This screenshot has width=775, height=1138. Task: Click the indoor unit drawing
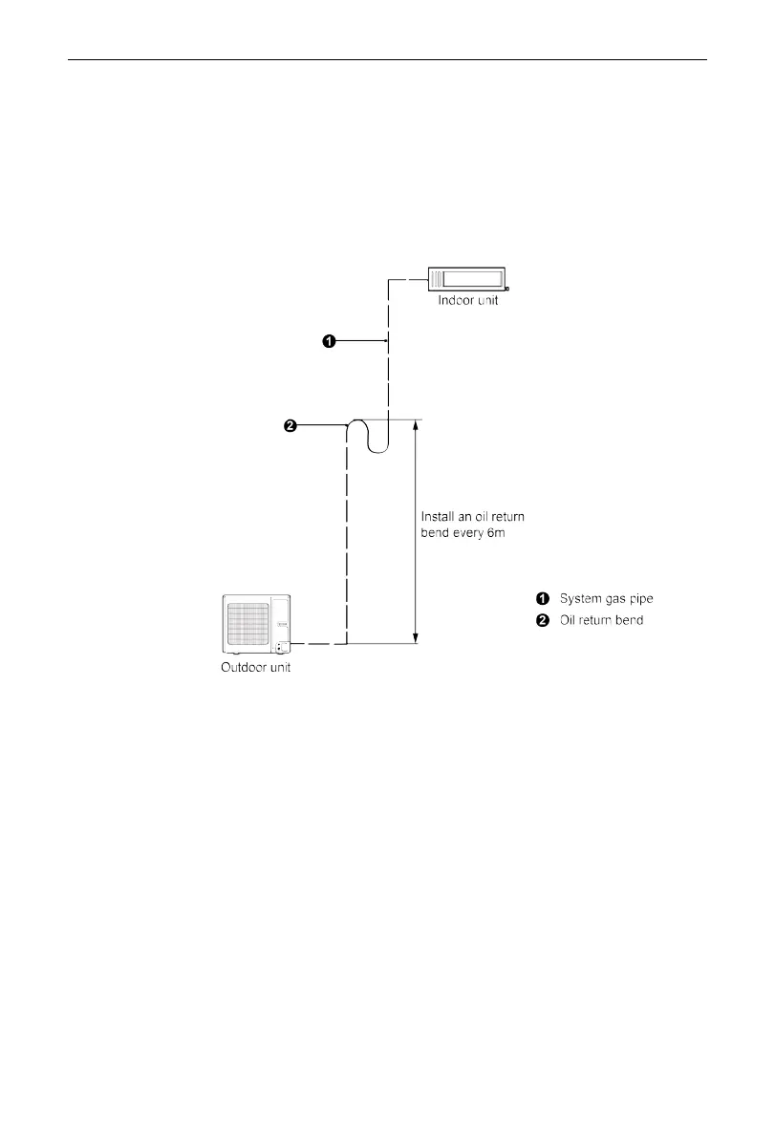tap(467, 278)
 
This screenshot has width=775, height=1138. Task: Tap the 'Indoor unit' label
tap(468, 301)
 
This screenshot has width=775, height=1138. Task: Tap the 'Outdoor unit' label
tap(249, 668)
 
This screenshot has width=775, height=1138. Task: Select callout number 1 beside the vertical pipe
tap(328, 341)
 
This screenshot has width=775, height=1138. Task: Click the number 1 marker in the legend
tap(542, 599)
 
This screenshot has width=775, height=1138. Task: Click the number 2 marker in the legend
tap(542, 620)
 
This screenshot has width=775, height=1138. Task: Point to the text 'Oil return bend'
tap(601, 620)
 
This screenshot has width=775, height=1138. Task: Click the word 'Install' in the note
tap(438, 517)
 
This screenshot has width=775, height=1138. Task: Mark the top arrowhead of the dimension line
tap(415, 424)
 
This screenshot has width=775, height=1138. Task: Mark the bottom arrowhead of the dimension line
tap(415, 638)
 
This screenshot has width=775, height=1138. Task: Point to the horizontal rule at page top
tap(387, 59)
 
